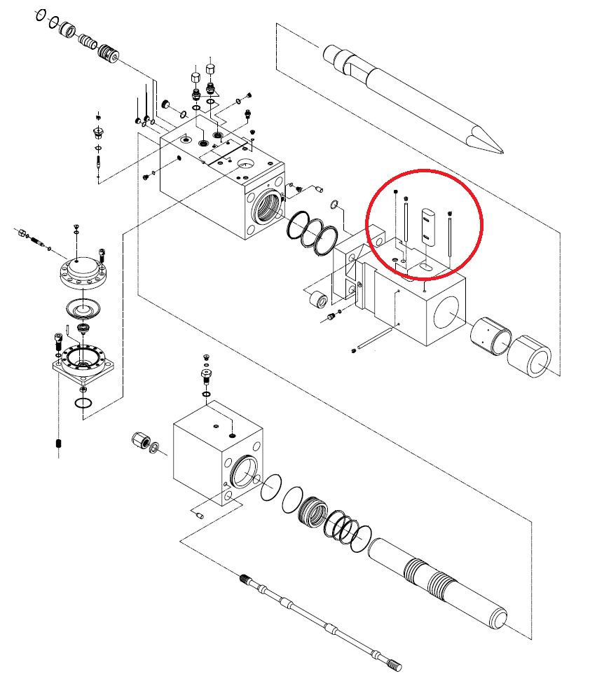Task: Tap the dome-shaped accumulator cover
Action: coord(83,270)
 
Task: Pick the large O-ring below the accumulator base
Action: coord(83,404)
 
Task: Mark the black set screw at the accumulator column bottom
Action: coord(58,444)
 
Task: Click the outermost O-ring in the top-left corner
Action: coord(41,15)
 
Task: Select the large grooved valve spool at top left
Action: coord(107,53)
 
